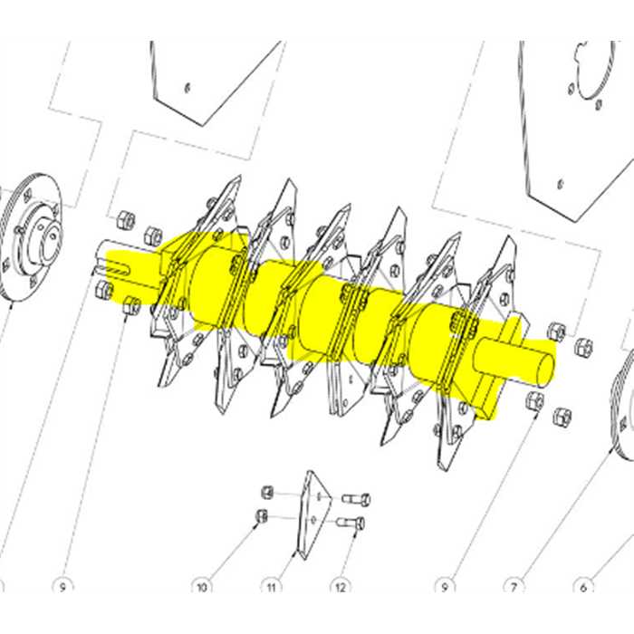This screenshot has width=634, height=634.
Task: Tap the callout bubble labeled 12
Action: click(x=340, y=587)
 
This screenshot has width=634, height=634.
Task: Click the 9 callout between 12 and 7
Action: click(x=444, y=587)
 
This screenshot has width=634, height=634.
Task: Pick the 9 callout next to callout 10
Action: click(x=62, y=587)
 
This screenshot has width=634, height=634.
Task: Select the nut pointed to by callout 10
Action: click(x=261, y=516)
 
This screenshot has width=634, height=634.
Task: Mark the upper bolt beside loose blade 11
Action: click(x=358, y=499)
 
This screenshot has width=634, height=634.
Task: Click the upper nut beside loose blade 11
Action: click(x=267, y=492)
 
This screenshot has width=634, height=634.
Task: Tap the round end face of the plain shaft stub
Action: click(x=542, y=368)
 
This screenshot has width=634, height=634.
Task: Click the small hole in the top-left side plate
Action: click(x=187, y=87)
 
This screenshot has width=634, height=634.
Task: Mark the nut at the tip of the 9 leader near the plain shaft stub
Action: click(x=535, y=399)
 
